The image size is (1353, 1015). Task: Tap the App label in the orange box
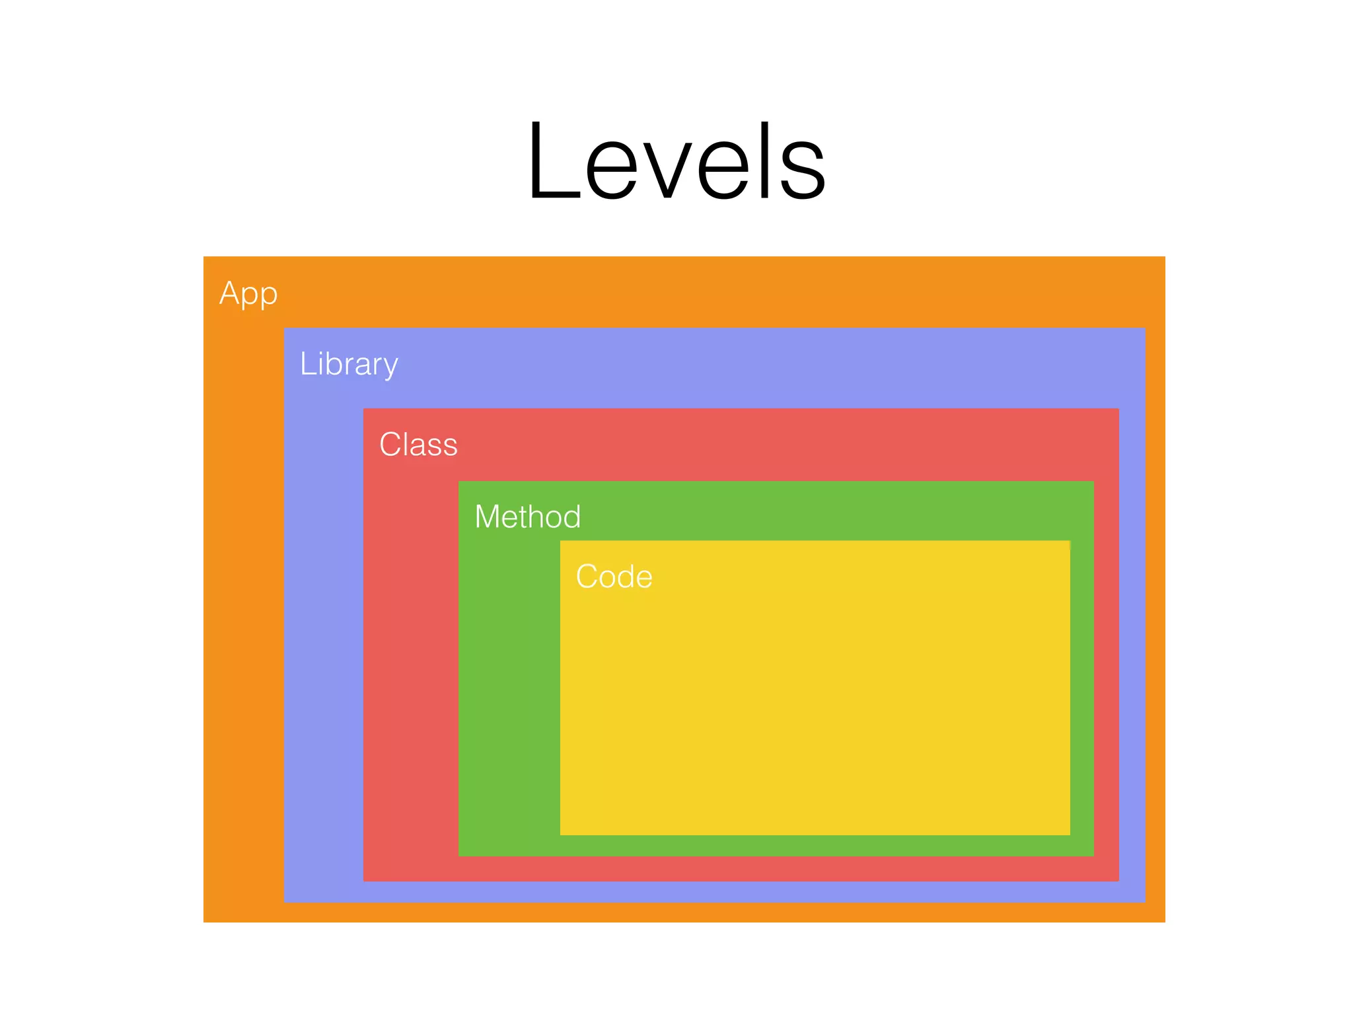point(248,293)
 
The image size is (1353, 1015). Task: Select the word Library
point(349,364)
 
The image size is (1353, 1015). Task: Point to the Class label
point(418,444)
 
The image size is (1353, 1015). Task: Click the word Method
point(527,517)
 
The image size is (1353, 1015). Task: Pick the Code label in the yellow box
point(614,576)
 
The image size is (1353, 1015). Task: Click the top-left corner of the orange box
point(204,257)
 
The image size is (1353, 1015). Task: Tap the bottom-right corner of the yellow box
point(1069,834)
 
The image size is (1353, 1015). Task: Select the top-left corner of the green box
point(459,482)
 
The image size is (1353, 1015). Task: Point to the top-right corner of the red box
point(1118,409)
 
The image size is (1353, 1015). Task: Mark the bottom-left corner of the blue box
point(285,901)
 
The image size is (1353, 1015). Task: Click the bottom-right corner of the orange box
point(1164,921)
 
